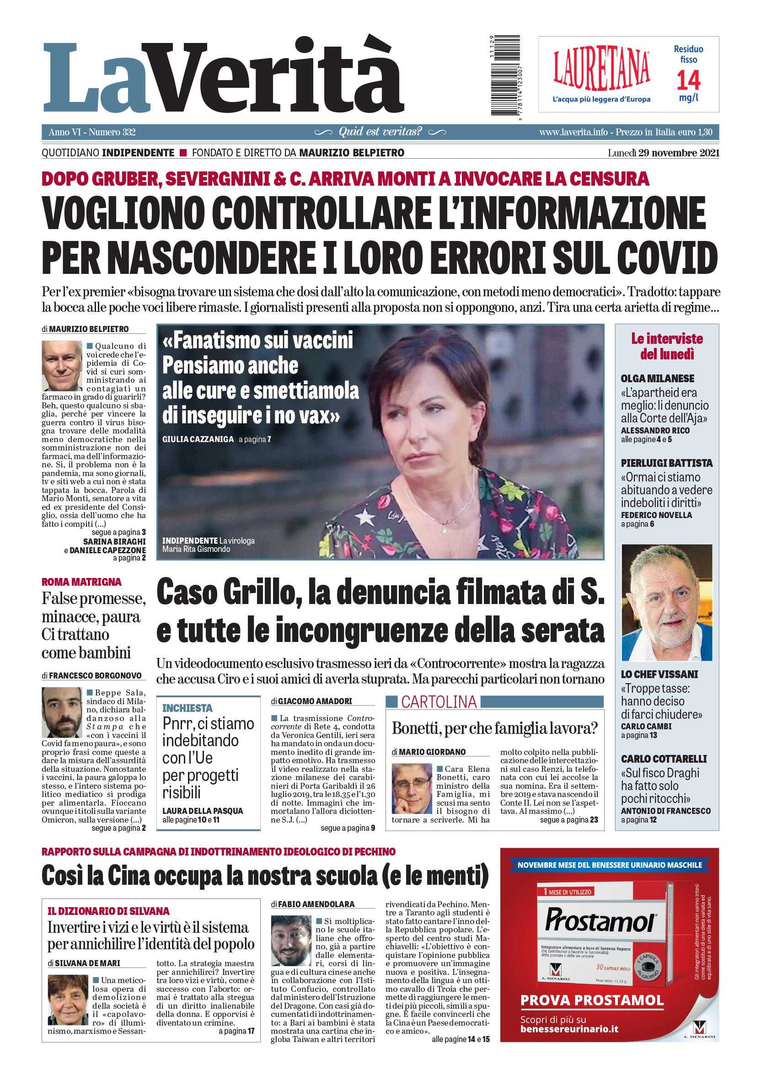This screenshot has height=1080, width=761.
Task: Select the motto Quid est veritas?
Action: pyautogui.click(x=380, y=132)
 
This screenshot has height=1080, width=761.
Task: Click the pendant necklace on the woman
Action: pyautogui.click(x=444, y=529)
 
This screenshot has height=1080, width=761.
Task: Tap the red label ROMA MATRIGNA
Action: pyautogui.click(x=81, y=582)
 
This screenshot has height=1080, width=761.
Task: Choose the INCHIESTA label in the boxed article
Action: pyautogui.click(x=187, y=708)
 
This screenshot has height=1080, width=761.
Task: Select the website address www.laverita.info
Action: pyautogui.click(x=573, y=133)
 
